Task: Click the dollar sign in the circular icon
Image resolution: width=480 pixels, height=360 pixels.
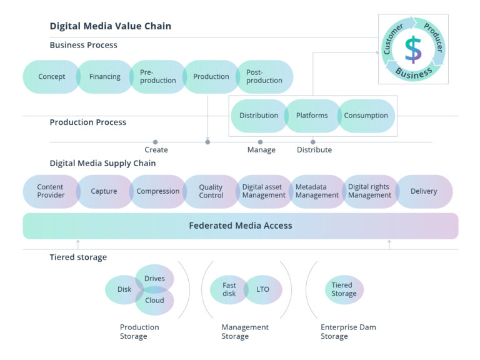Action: (x=412, y=49)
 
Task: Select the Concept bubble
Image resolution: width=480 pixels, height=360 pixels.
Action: (x=51, y=77)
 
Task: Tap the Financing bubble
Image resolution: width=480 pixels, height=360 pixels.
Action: (x=104, y=77)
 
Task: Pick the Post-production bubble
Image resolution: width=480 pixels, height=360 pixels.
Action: (x=264, y=77)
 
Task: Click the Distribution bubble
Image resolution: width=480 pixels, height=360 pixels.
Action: (x=258, y=116)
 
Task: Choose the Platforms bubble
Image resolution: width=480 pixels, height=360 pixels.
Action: (x=312, y=116)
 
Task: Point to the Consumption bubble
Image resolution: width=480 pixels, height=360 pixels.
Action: (x=366, y=116)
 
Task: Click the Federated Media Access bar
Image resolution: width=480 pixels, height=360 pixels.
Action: (x=240, y=226)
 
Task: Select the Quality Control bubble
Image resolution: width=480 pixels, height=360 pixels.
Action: (x=211, y=191)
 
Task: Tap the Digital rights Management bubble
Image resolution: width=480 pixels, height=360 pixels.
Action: (x=369, y=191)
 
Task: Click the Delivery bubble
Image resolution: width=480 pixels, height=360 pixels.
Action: (x=424, y=191)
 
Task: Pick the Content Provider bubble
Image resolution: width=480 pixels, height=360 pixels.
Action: (x=50, y=191)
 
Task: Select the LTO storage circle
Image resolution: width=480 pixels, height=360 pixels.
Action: (x=263, y=289)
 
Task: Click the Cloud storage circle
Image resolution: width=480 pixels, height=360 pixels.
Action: (x=154, y=301)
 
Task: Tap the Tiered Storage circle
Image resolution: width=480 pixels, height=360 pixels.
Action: (x=344, y=289)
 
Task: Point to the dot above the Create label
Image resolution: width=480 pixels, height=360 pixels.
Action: (x=156, y=142)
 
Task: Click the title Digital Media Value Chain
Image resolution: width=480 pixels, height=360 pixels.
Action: (x=110, y=26)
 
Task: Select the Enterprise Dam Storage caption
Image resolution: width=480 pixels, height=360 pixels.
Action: (x=348, y=332)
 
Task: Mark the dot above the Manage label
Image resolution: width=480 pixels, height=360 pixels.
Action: (x=261, y=142)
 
